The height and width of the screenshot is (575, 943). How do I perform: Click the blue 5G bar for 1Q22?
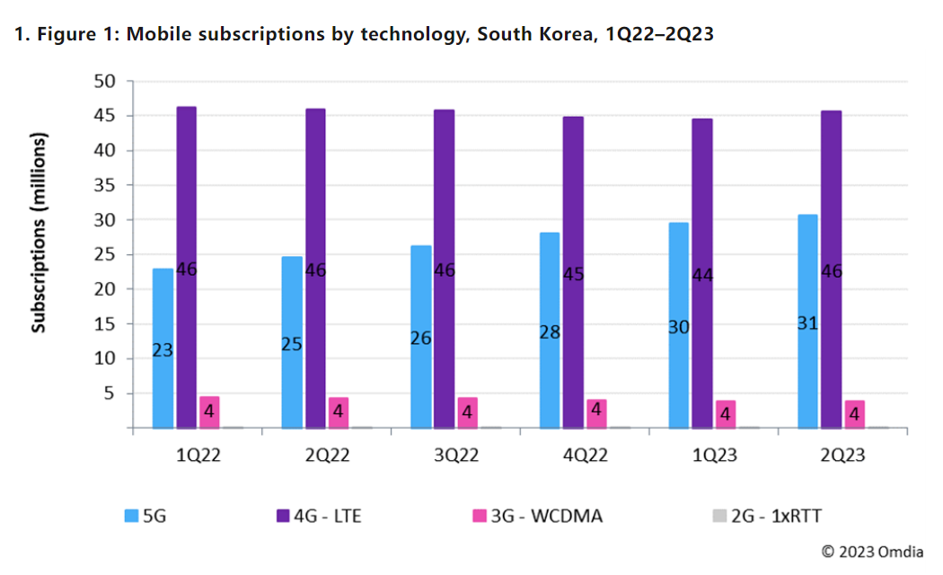[x=163, y=305]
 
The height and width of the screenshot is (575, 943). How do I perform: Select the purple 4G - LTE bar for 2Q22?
[x=315, y=216]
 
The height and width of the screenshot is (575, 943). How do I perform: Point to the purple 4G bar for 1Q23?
[x=702, y=225]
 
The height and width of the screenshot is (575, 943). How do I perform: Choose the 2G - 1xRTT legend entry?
[x=766, y=516]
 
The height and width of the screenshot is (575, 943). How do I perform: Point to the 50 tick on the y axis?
[x=106, y=81]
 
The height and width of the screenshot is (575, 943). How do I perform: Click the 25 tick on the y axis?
[x=106, y=254]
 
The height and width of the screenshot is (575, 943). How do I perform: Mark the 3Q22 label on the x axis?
[x=455, y=456]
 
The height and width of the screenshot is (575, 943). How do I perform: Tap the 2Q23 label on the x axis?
[x=842, y=456]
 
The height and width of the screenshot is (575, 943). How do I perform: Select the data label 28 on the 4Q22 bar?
[x=550, y=332]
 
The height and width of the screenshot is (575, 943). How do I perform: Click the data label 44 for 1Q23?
[x=702, y=276]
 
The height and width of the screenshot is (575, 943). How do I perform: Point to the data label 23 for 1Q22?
[x=163, y=350]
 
